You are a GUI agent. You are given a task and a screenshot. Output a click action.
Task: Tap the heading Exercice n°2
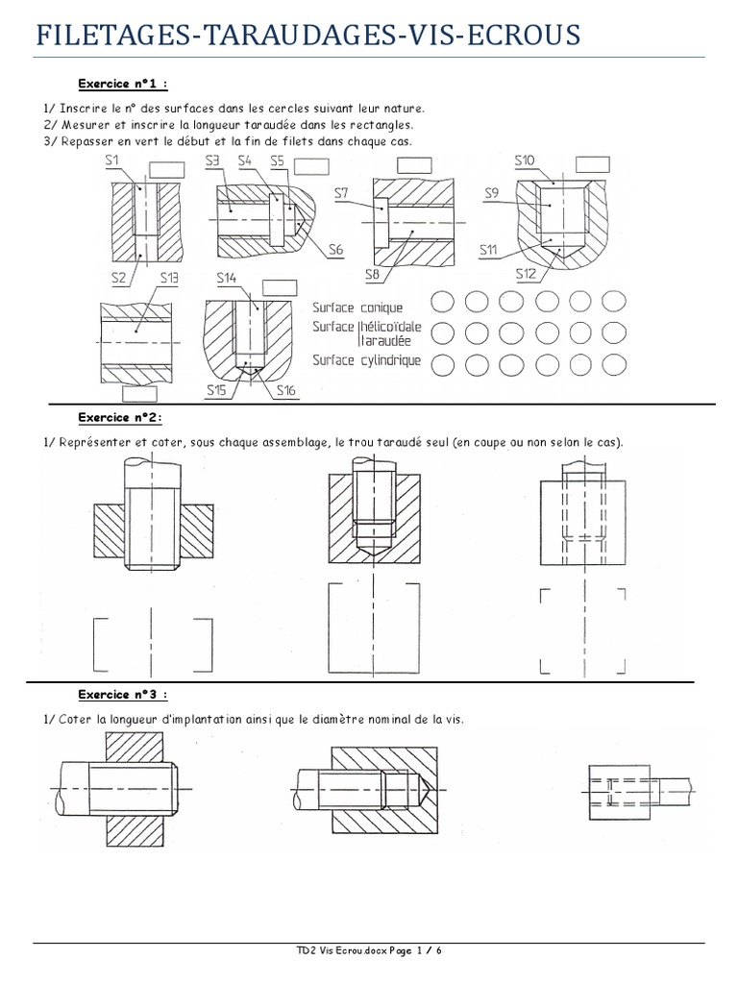click(x=119, y=418)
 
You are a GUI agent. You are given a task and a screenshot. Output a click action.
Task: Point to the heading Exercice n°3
click(x=122, y=695)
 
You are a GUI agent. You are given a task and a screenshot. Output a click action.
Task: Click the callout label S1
click(x=112, y=160)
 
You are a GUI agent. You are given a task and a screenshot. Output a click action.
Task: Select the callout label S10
click(x=526, y=160)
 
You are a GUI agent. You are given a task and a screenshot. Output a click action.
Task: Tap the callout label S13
click(x=169, y=279)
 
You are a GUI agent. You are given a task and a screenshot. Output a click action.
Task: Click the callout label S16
click(x=286, y=390)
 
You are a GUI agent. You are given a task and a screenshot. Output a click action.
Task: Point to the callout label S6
click(x=334, y=250)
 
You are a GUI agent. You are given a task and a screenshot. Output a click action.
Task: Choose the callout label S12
click(x=526, y=274)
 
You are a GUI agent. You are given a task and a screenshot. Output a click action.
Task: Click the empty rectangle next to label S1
click(x=166, y=169)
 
